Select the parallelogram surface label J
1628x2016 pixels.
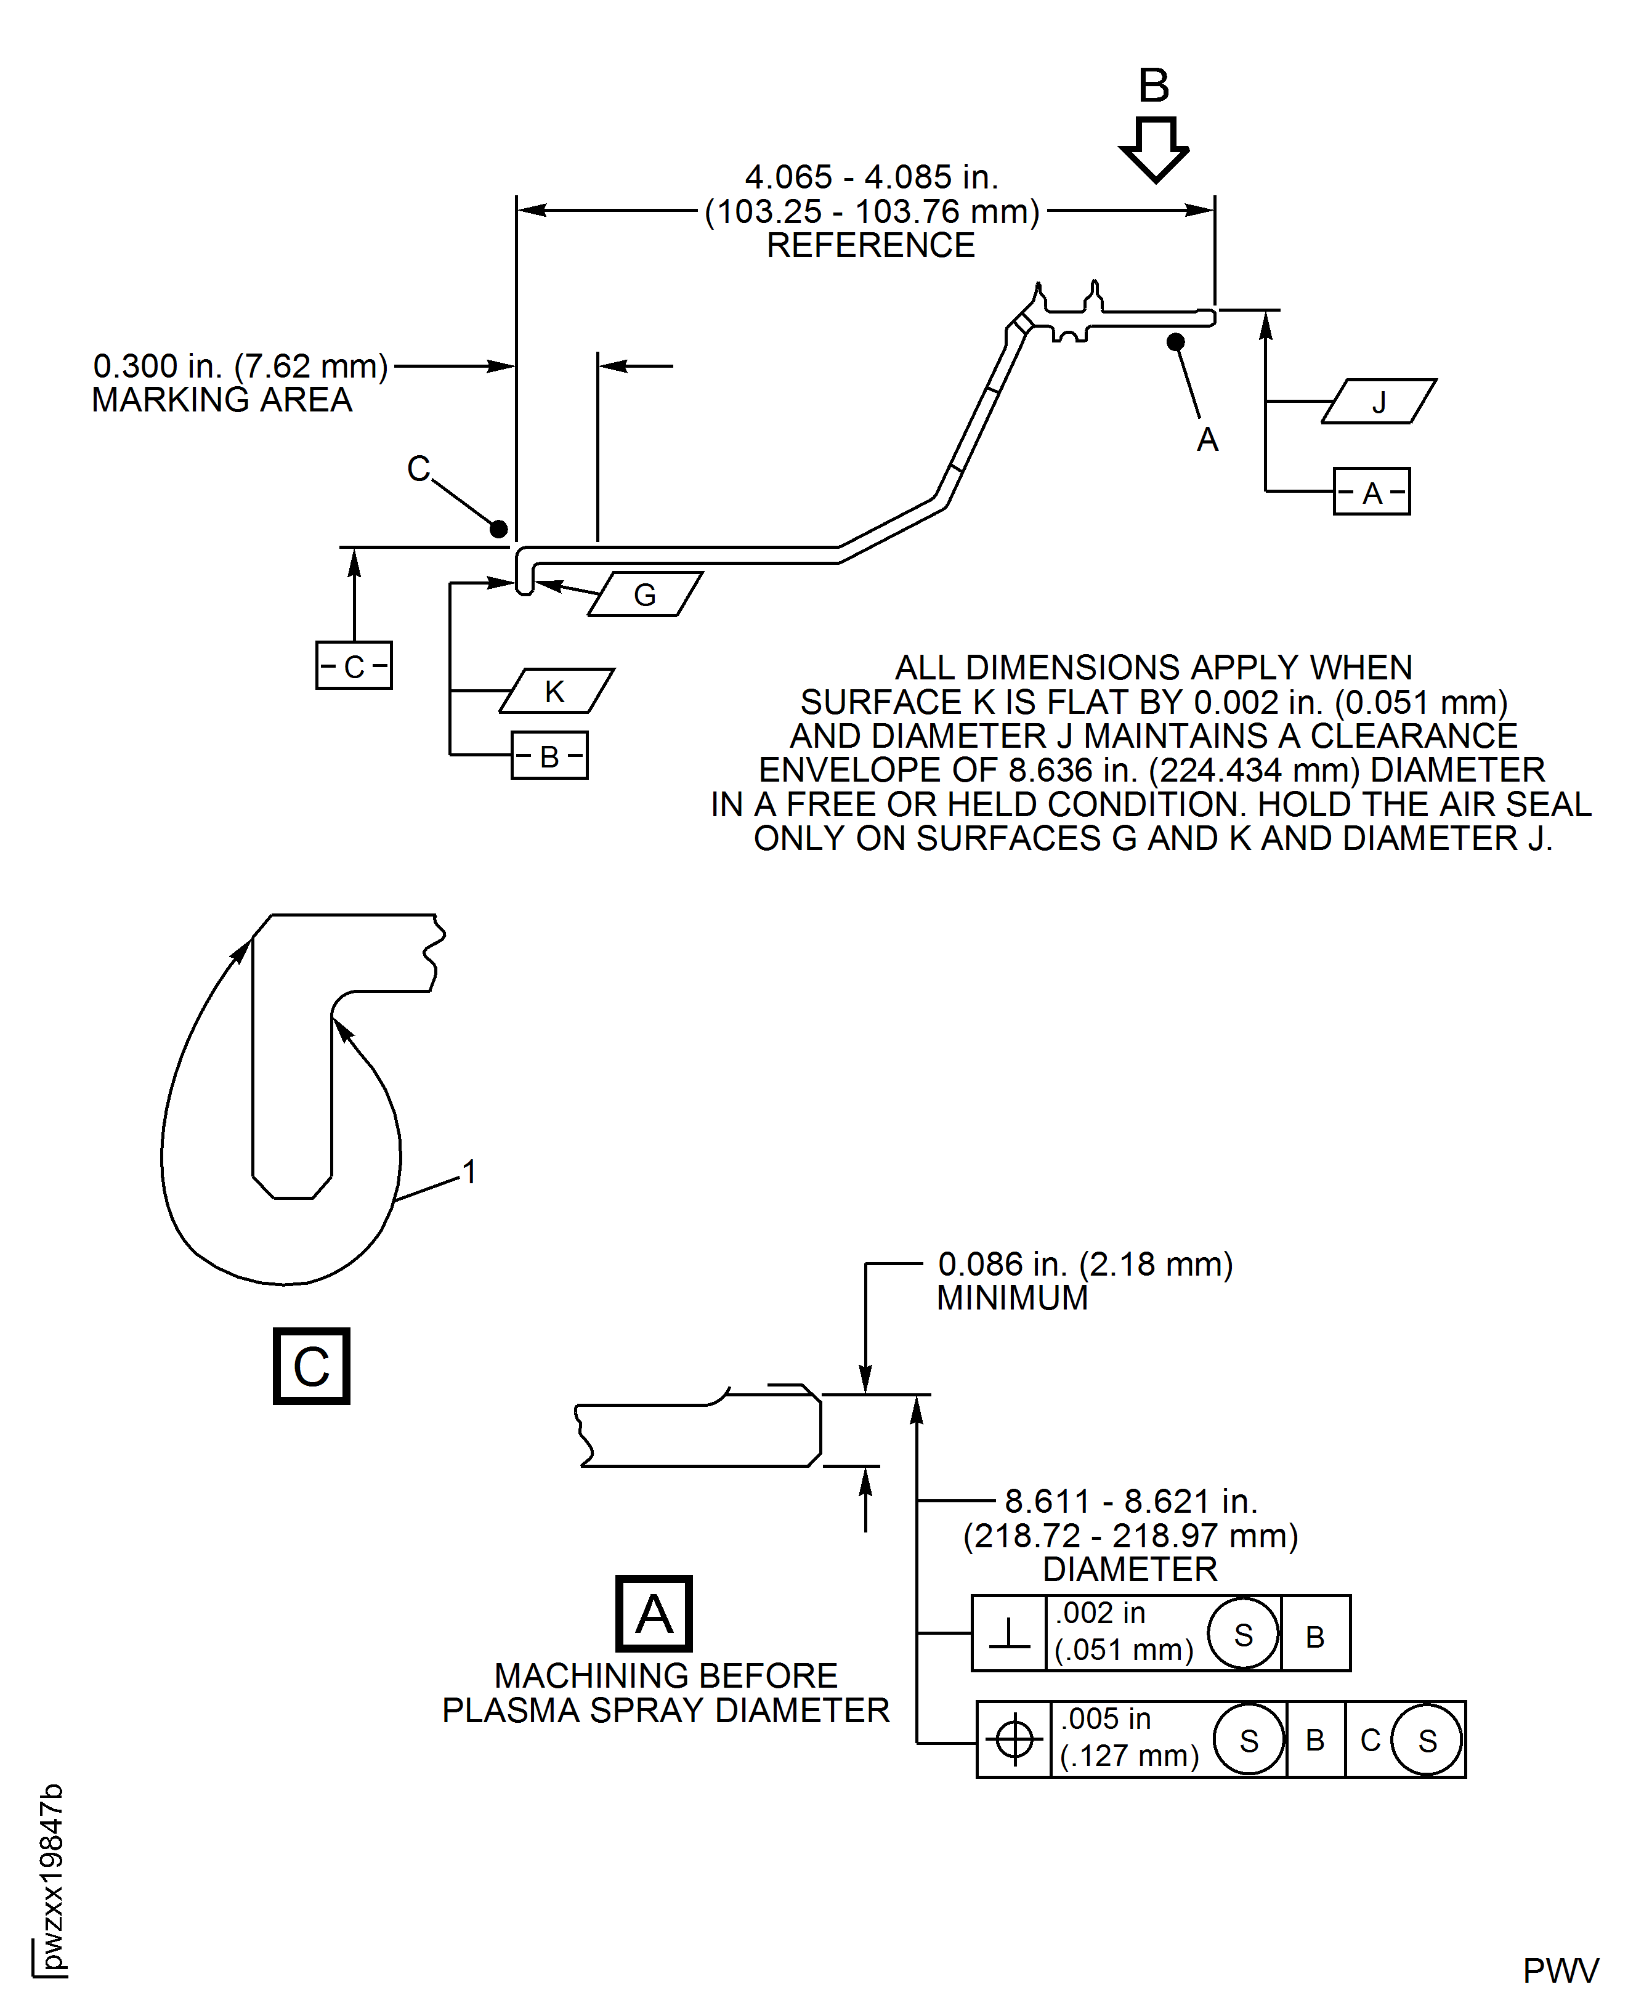tap(1379, 402)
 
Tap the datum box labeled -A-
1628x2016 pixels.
tap(1371, 492)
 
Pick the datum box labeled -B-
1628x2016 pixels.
tap(549, 755)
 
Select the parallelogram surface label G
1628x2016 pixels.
tap(645, 594)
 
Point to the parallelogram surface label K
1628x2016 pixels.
tap(556, 691)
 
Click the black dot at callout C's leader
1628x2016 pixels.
tap(499, 529)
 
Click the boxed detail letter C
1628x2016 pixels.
tap(311, 1366)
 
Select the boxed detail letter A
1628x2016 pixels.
tap(654, 1614)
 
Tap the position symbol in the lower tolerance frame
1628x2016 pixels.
tap(1014, 1739)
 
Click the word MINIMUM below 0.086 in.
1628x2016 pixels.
tap(1012, 1298)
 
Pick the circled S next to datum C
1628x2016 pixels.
tap(1427, 1739)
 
